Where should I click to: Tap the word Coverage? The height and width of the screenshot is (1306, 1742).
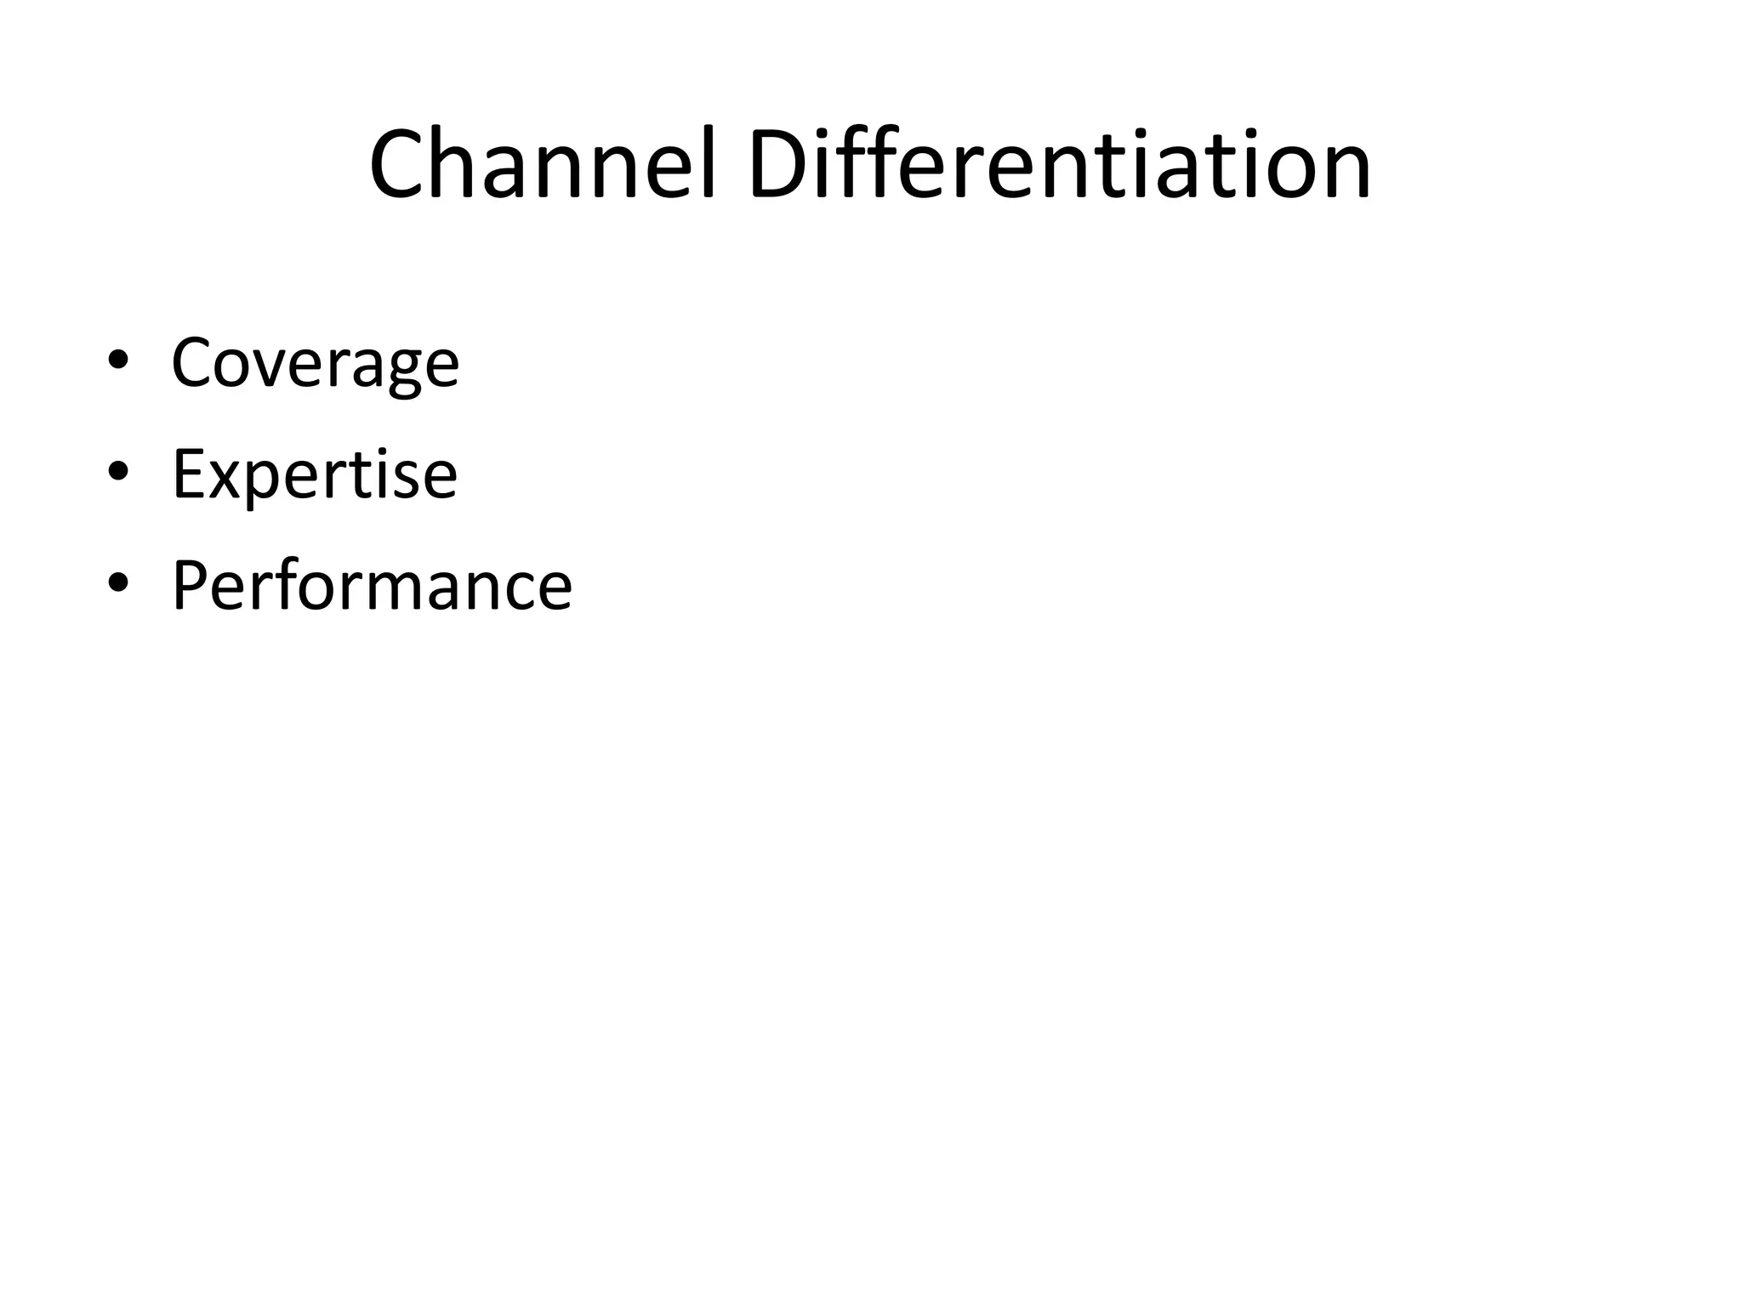(315, 363)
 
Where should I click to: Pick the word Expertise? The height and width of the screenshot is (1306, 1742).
(315, 474)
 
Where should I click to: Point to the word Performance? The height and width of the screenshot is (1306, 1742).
(372, 586)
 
